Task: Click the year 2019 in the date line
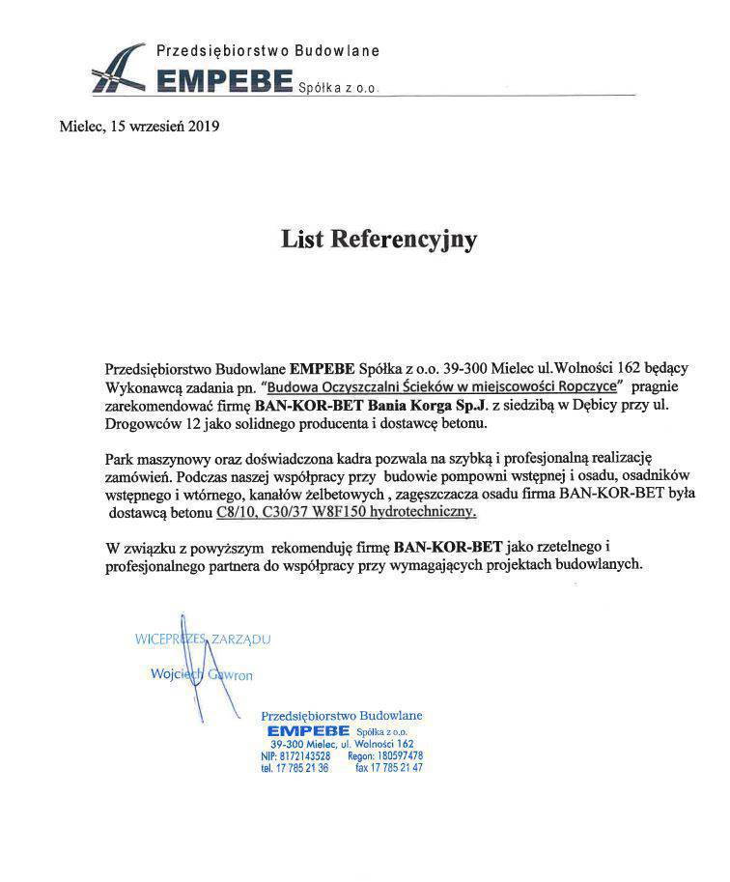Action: [203, 126]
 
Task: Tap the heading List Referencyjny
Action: [379, 239]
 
